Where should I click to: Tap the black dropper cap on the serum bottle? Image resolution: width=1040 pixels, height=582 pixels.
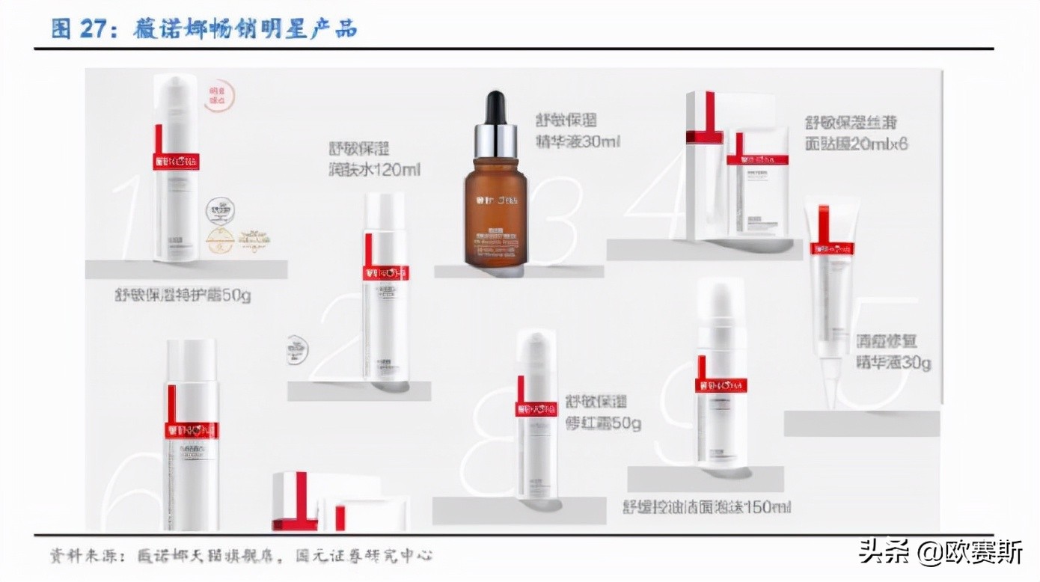click(x=495, y=108)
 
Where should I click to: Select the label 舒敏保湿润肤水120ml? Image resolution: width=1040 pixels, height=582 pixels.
click(x=374, y=159)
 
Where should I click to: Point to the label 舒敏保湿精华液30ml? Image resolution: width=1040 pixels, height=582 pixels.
click(x=577, y=130)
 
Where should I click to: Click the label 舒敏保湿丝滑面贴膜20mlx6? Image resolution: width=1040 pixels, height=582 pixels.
click(x=855, y=132)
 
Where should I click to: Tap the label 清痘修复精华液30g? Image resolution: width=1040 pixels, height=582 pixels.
click(x=893, y=352)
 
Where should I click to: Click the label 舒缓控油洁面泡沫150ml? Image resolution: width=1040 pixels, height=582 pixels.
click(x=707, y=506)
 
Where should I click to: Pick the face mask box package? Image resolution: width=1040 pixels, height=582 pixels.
click(x=737, y=168)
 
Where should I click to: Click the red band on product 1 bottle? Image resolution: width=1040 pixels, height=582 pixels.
click(x=176, y=161)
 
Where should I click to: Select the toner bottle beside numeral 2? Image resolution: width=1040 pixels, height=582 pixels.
click(x=385, y=288)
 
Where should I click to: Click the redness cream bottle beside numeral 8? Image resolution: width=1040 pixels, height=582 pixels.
click(x=536, y=415)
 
